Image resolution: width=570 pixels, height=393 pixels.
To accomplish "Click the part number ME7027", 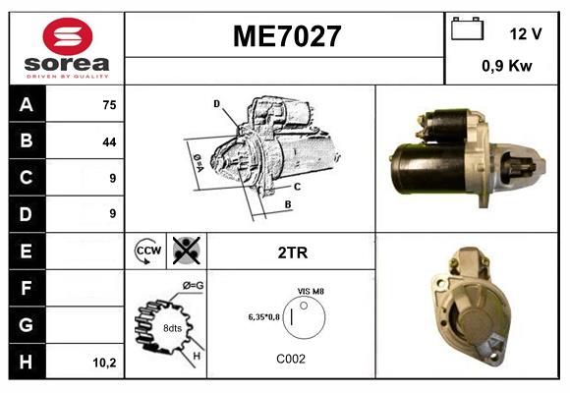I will tap(286, 36).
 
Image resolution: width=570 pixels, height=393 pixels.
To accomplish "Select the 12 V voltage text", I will tap(526, 34).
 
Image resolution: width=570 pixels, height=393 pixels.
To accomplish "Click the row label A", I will tap(27, 105).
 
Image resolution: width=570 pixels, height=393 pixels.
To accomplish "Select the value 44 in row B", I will tap(108, 141).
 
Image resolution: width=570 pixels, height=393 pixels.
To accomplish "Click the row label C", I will tap(27, 178).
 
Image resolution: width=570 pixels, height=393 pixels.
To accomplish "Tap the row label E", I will tap(27, 251).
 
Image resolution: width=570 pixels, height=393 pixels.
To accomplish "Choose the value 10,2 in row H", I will tap(104, 363).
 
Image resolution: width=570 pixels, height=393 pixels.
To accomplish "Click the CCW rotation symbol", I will tap(147, 251).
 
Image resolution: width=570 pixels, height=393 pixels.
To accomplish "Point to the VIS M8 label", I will tap(311, 292).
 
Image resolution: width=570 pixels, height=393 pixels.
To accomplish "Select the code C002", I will tap(291, 359).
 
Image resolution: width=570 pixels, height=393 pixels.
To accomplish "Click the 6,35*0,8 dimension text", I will tap(264, 316).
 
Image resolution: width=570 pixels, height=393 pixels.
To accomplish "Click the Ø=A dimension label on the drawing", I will tap(197, 159).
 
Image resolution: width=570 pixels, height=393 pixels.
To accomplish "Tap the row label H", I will tap(27, 362).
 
